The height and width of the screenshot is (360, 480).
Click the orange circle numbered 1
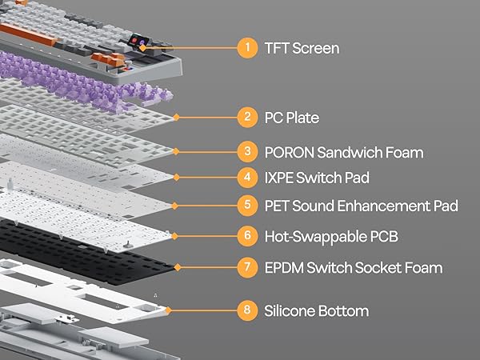(x=247, y=48)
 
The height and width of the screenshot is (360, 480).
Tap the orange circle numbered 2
(x=247, y=118)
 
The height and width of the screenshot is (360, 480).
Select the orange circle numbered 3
(x=247, y=152)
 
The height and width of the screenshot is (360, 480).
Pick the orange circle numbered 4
(x=247, y=178)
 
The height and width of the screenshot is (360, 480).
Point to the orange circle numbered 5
(x=247, y=206)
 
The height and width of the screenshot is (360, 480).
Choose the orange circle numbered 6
(x=247, y=235)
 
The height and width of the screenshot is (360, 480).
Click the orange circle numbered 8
(x=247, y=310)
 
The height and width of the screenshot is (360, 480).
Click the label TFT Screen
(x=302, y=48)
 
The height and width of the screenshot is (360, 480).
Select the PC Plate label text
(x=291, y=118)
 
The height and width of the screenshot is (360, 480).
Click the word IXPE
(x=280, y=178)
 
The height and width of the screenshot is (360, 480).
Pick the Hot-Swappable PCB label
(x=330, y=235)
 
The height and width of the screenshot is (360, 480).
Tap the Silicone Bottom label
(x=316, y=310)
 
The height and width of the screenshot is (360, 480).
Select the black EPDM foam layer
(x=88, y=252)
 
